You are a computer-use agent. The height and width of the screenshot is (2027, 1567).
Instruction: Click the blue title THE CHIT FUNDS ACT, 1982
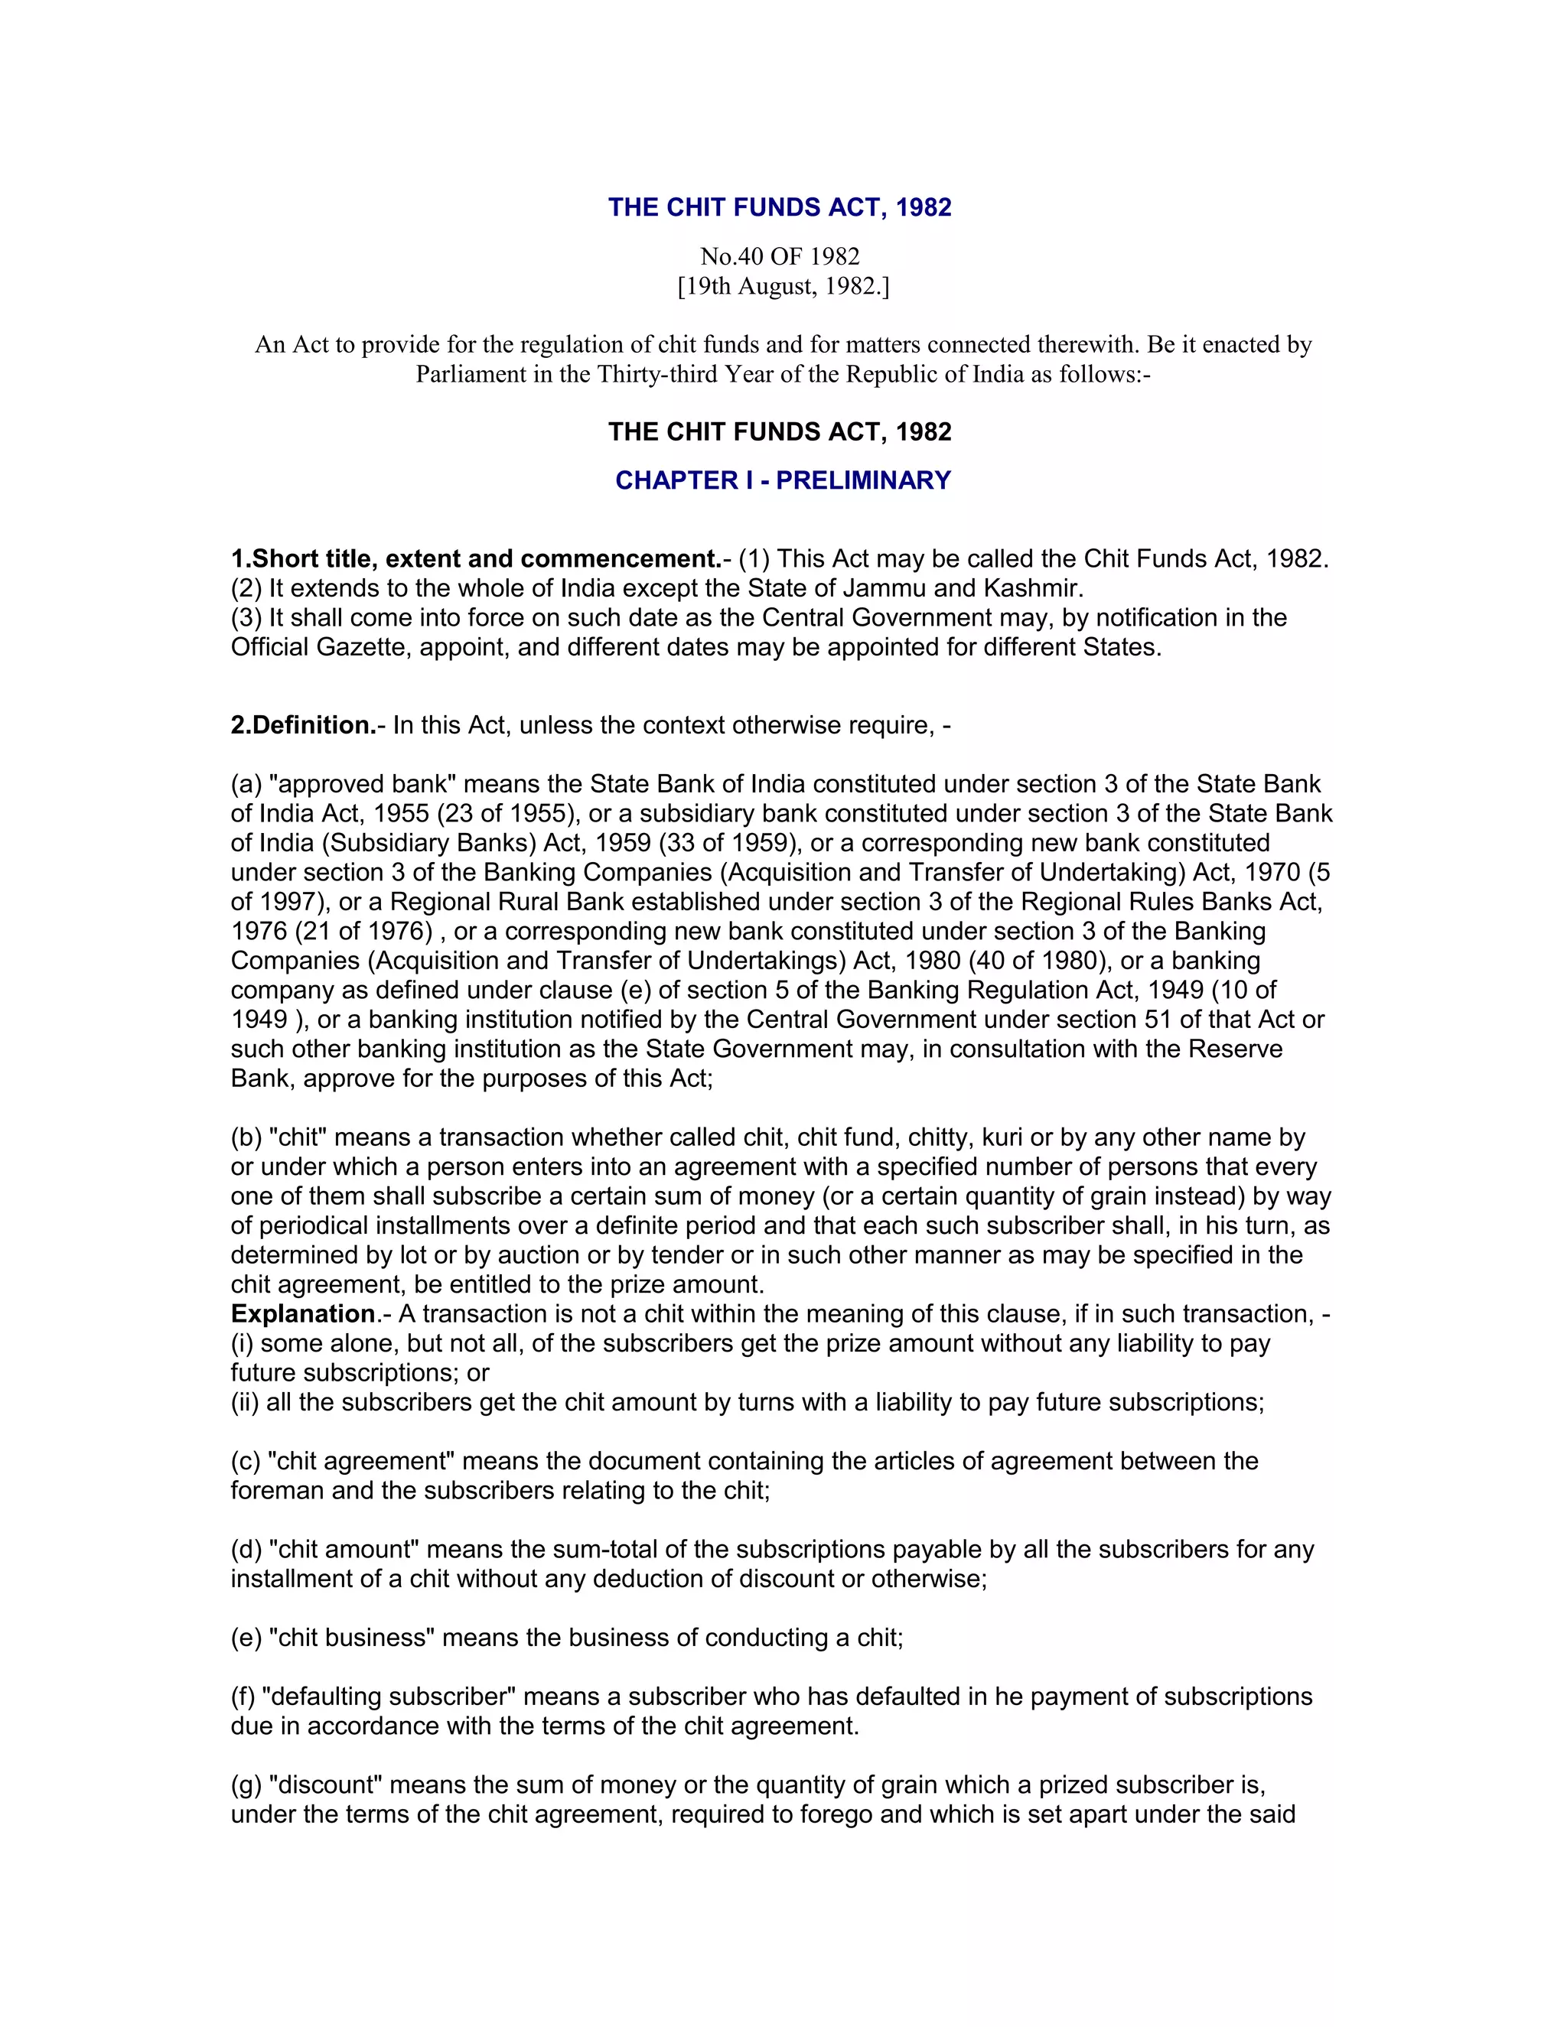pyautogui.click(x=780, y=207)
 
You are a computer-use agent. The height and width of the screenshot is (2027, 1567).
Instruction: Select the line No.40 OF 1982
pyautogui.click(x=780, y=256)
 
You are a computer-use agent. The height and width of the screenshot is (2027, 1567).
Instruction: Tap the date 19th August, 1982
pyautogui.click(x=783, y=286)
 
